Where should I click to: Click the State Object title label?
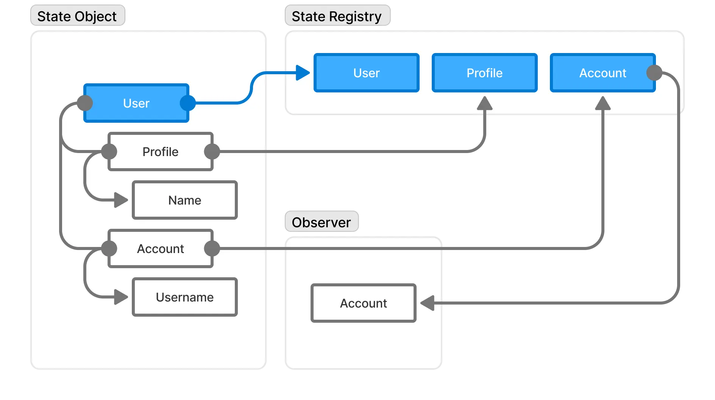click(77, 16)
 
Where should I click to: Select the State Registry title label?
click(336, 16)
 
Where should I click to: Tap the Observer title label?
click(321, 222)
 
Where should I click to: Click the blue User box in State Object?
click(136, 103)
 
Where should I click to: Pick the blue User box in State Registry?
click(366, 73)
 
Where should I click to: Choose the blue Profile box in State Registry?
click(484, 73)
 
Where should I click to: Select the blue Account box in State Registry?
click(602, 73)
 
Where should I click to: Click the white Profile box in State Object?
click(160, 152)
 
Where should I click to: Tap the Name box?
click(184, 200)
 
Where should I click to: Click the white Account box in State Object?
click(160, 248)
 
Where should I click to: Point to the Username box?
click(184, 297)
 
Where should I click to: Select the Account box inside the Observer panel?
click(363, 303)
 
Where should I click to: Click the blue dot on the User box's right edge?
click(188, 103)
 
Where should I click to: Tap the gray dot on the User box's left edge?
click(85, 103)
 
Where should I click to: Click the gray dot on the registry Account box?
click(654, 73)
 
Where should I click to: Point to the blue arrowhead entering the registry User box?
click(303, 73)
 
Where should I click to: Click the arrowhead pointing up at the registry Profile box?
click(484, 103)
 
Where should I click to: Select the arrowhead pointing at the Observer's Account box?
click(427, 303)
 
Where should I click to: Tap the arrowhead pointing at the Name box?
click(121, 200)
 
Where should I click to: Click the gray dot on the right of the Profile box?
click(212, 152)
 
